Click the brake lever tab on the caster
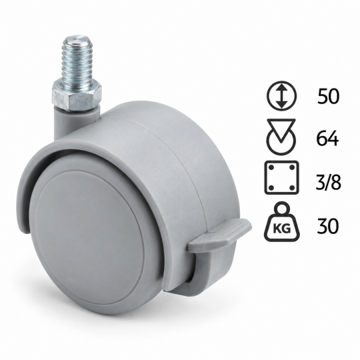(x=219, y=233)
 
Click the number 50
(x=328, y=96)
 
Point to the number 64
(x=327, y=139)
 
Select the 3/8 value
(x=328, y=182)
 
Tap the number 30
(x=327, y=226)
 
